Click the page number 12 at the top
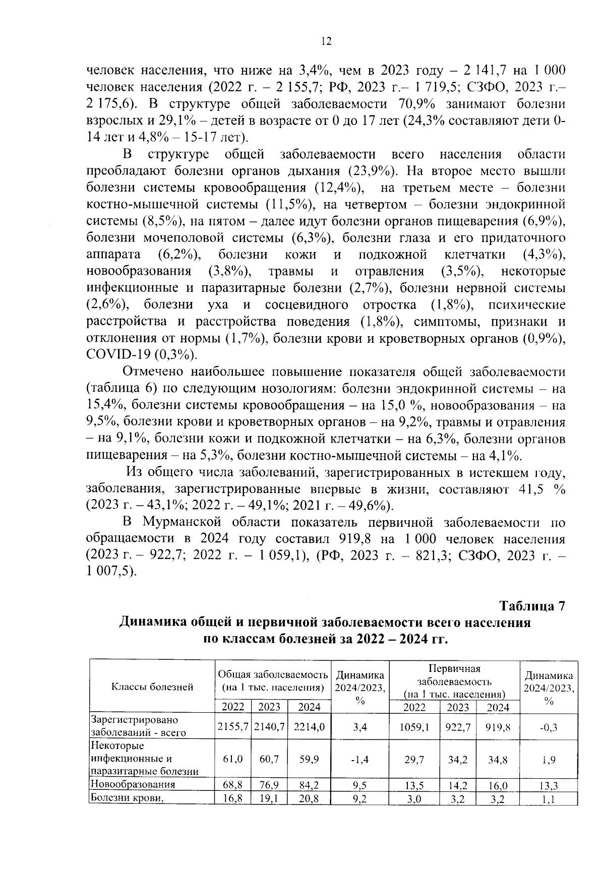pyautogui.click(x=326, y=42)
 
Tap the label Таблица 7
pyautogui.click(x=532, y=606)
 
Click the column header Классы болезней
pyautogui.click(x=152, y=686)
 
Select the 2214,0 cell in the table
pyautogui.click(x=309, y=726)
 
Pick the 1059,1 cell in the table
pyautogui.click(x=414, y=726)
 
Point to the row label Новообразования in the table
pyautogui.click(x=133, y=784)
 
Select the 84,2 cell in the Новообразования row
pyautogui.click(x=309, y=785)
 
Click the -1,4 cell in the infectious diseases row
pyautogui.click(x=360, y=760)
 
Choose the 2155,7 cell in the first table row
pyautogui.click(x=233, y=726)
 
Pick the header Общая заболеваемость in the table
pyautogui.click(x=273, y=674)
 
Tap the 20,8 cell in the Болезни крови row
pyautogui.click(x=309, y=798)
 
